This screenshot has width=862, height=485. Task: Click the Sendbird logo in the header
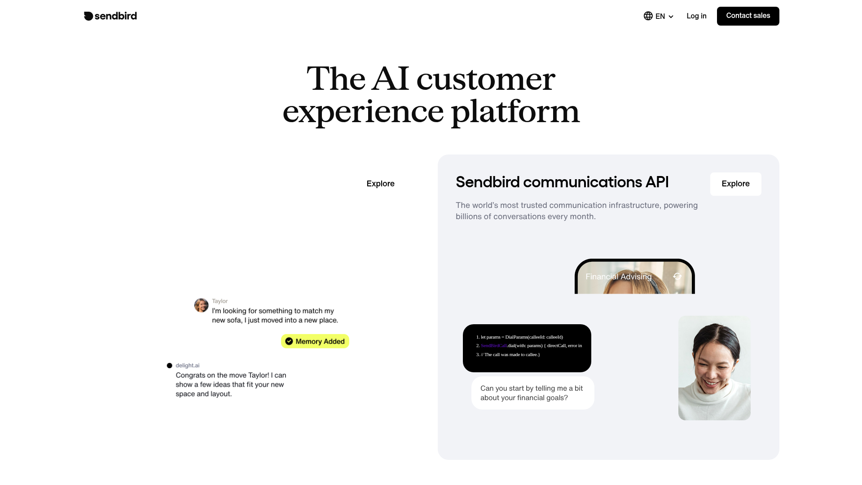tap(110, 16)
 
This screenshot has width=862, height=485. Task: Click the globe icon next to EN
tap(648, 16)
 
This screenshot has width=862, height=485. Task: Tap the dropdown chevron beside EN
tap(671, 17)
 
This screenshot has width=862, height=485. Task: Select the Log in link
tap(696, 16)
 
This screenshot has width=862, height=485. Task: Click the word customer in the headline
tap(486, 79)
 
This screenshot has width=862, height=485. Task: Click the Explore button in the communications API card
tap(735, 184)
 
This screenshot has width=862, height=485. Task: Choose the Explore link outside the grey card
tap(380, 184)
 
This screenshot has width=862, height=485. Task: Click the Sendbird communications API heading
tap(562, 182)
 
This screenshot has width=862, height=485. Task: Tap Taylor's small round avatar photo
tap(201, 305)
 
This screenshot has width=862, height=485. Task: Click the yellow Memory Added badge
tap(315, 341)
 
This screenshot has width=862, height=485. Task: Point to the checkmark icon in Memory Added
tap(289, 341)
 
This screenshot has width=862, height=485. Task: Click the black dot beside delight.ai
tap(169, 366)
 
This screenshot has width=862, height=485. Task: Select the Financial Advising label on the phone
tap(618, 277)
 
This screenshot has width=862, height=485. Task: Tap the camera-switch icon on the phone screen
tap(677, 276)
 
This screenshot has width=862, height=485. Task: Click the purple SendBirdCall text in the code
tap(493, 346)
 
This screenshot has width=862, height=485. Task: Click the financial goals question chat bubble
tap(532, 393)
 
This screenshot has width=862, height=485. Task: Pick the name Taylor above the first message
tap(220, 301)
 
